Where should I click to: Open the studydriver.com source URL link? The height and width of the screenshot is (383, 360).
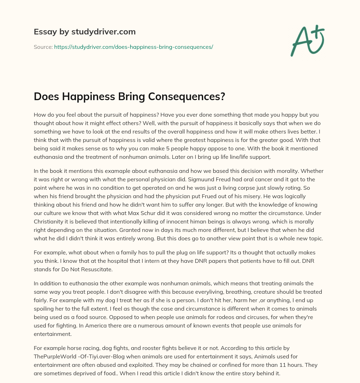tap(134, 47)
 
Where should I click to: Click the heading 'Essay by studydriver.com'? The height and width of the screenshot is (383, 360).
tap(85, 32)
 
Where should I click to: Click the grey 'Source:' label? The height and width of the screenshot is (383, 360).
tap(43, 47)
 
